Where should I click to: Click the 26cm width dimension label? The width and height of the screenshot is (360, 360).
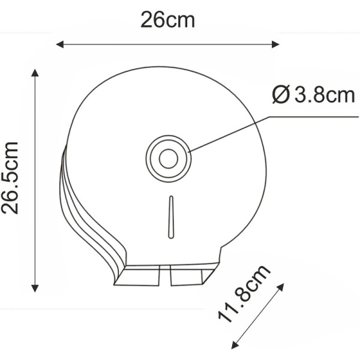tap(167, 20)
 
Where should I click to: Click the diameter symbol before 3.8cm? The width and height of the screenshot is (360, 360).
tap(280, 95)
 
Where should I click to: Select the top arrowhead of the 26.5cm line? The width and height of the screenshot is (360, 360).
tap(35, 73)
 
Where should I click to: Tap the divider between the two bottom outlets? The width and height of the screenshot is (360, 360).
tap(166, 274)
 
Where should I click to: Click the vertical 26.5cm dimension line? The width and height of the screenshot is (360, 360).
tap(35, 180)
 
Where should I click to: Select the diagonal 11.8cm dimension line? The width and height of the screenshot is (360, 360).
tap(258, 316)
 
